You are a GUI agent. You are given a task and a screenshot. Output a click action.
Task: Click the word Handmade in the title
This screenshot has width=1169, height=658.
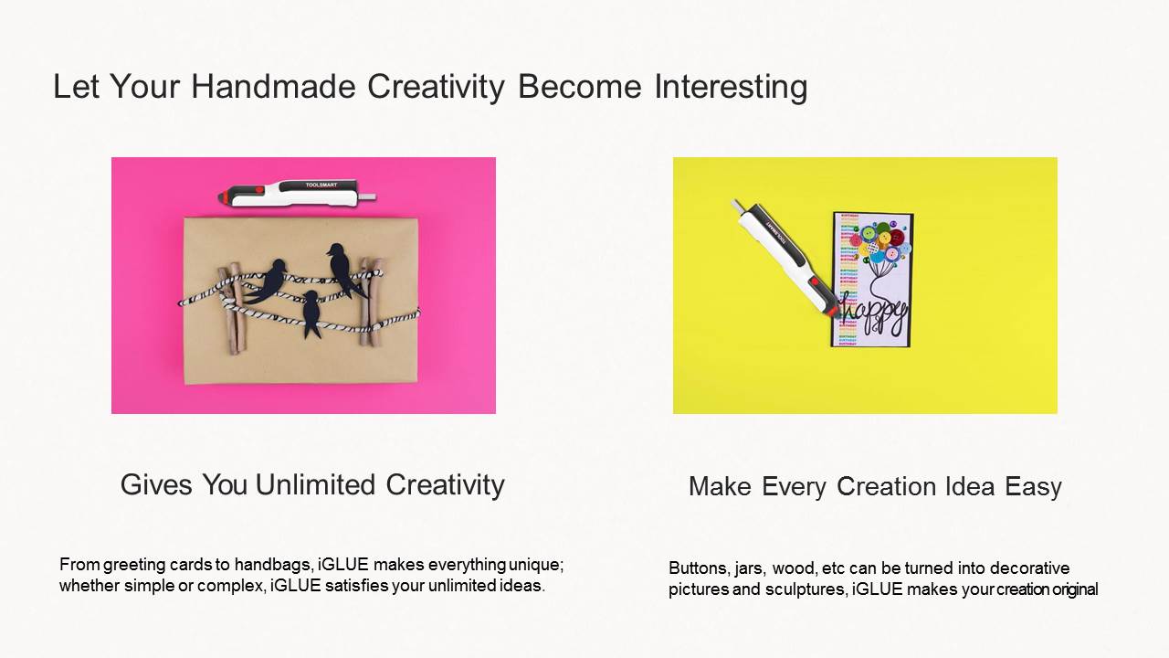273,86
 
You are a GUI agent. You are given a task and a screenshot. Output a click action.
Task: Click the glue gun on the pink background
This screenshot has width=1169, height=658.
297,193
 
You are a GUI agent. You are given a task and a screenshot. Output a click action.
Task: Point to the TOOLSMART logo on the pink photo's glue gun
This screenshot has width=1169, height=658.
321,185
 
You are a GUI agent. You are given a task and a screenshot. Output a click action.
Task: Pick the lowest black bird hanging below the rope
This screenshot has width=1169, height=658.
311,313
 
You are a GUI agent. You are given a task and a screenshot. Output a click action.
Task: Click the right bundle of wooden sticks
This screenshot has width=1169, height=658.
370,301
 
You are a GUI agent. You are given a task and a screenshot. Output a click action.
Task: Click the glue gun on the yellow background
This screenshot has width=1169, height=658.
786,258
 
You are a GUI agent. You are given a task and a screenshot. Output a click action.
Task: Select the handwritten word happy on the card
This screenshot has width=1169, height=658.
873,313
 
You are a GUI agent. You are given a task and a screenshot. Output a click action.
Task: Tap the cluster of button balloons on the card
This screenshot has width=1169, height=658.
880,242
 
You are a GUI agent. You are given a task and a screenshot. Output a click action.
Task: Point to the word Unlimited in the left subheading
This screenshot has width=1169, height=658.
315,484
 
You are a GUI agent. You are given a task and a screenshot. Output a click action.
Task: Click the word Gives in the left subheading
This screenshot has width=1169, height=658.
156,484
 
